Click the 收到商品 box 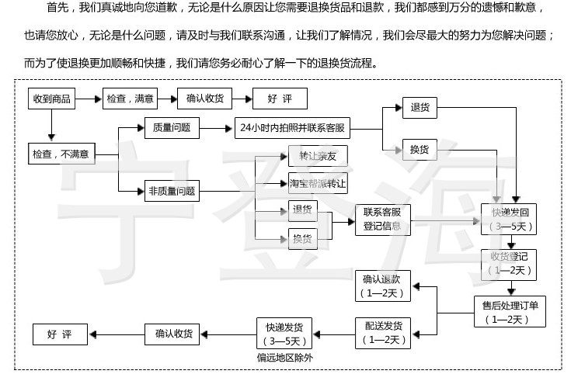(x=51, y=99)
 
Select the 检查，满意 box (x=130, y=99)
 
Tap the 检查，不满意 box (x=61, y=154)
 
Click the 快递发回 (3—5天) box (x=509, y=220)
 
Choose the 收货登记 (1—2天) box (x=509, y=264)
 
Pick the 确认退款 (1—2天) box (x=381, y=286)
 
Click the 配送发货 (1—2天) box (x=381, y=333)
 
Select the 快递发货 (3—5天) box (x=284, y=333)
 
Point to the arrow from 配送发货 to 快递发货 (x=333, y=334)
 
